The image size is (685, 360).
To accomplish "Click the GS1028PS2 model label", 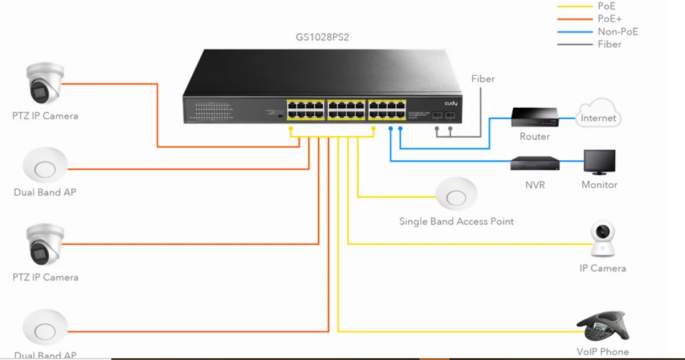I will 322,37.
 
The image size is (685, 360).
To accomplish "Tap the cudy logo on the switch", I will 451,103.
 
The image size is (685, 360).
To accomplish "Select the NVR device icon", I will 534,164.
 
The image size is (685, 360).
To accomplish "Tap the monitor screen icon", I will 599,162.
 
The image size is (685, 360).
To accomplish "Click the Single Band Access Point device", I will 456,195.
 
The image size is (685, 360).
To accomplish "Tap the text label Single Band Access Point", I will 456,221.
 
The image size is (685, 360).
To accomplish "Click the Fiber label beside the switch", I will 483,79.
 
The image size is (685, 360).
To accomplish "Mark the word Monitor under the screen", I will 599,185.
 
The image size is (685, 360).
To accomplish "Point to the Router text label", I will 535,136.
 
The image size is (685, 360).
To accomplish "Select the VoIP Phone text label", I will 602,352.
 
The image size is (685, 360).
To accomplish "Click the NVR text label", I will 535,185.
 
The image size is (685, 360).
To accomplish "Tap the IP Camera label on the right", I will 602,268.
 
